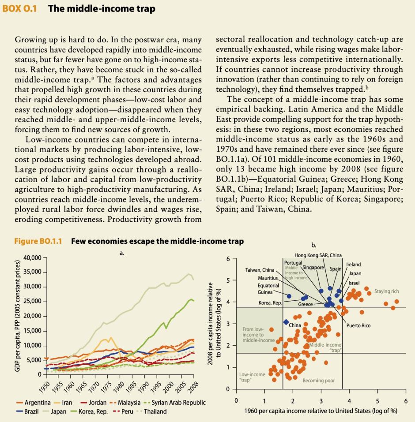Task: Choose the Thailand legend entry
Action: (x=154, y=411)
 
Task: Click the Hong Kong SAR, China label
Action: (x=318, y=255)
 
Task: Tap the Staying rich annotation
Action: (x=386, y=291)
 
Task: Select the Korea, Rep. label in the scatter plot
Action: (x=270, y=303)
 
